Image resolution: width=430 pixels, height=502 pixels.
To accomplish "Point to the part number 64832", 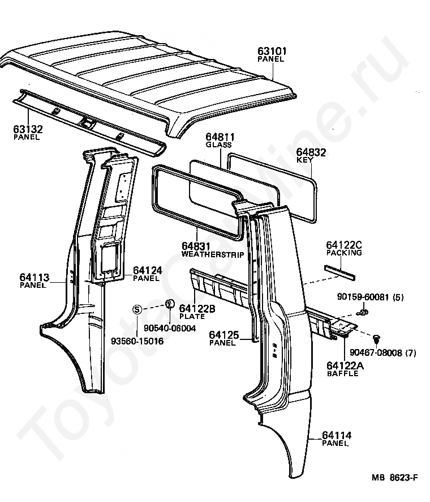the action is tap(311, 152).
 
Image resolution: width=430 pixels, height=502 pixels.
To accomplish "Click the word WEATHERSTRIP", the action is tap(213, 254).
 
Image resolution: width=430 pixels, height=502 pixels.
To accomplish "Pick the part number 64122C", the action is tap(343, 245).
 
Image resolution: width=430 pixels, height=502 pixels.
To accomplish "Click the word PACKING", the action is tap(343, 253).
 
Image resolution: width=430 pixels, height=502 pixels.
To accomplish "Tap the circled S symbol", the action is tap(136, 309).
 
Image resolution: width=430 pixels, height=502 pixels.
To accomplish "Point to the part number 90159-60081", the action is tap(362, 297).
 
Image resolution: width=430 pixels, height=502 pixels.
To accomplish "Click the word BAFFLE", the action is tap(343, 373).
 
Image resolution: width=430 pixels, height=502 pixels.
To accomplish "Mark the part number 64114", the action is tap(337, 435).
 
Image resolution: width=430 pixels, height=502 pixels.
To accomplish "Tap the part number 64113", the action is tap(35, 277).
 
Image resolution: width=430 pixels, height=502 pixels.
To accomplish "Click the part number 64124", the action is tap(148, 271).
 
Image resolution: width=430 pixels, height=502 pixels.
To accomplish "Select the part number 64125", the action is tap(223, 335).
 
